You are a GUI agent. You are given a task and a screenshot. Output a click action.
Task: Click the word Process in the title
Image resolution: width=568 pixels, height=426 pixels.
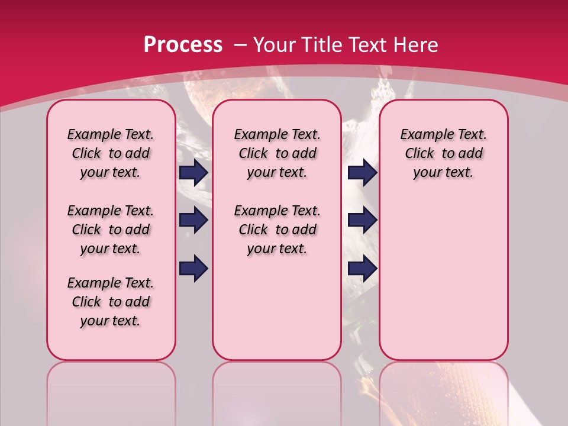click(x=183, y=44)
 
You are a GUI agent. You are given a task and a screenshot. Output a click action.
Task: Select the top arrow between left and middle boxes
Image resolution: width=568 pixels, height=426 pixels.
click(x=193, y=172)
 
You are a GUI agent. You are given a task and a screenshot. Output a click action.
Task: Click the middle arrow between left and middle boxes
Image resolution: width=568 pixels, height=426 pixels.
click(x=193, y=221)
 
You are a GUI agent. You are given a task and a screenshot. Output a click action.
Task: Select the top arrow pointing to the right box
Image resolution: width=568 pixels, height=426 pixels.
click(x=363, y=172)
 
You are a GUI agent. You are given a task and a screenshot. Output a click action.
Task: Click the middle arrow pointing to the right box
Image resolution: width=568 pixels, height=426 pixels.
click(x=363, y=221)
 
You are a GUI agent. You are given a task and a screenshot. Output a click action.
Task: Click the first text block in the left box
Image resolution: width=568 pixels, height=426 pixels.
click(x=111, y=153)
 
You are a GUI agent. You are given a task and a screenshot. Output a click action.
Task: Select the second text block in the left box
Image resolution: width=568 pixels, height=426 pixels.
click(x=111, y=230)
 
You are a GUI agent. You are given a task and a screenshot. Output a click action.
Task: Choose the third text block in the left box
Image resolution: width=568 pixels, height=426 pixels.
click(x=111, y=302)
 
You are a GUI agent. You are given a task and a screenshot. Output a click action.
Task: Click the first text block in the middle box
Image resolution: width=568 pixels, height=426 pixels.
click(x=277, y=153)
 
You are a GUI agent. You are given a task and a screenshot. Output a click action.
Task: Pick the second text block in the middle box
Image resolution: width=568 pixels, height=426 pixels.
click(x=277, y=230)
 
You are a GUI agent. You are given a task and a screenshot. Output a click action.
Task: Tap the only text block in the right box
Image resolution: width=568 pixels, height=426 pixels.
click(x=443, y=153)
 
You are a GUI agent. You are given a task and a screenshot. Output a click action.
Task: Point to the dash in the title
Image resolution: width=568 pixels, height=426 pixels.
click(x=240, y=45)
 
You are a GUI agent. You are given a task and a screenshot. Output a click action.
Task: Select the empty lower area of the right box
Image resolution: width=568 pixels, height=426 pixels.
click(x=443, y=278)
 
